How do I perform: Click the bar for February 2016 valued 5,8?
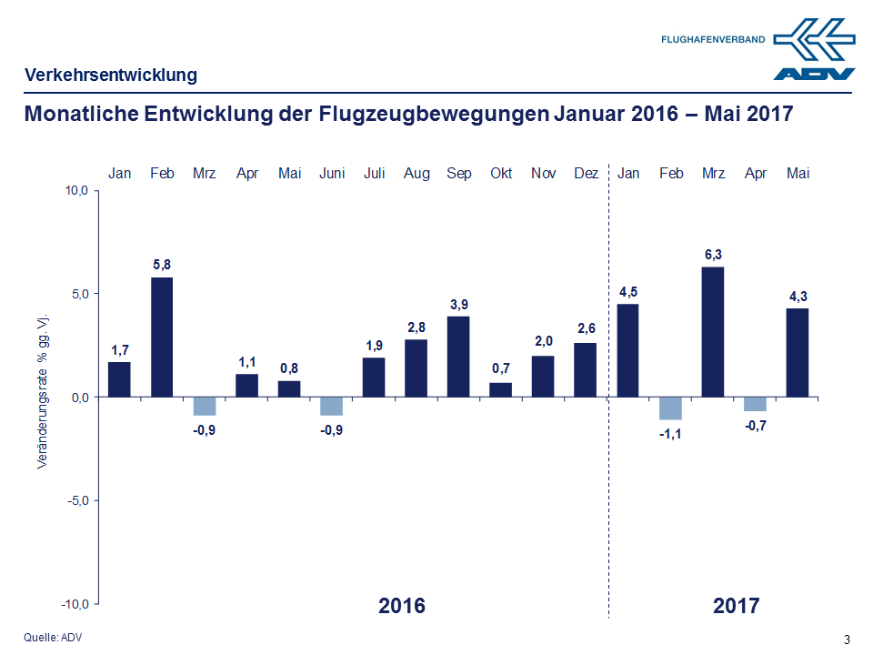click(162, 337)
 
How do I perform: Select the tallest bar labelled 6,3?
click(714, 331)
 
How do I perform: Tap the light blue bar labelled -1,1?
click(670, 408)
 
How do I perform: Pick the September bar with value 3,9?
click(458, 356)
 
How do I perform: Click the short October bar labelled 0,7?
click(501, 389)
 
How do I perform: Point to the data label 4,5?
click(627, 291)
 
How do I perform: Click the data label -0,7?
click(756, 423)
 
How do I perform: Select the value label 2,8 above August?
click(416, 327)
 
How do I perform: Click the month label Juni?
click(331, 173)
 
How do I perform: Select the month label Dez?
click(587, 173)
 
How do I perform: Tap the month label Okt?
click(501, 173)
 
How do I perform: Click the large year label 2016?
click(401, 606)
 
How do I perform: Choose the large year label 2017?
click(736, 606)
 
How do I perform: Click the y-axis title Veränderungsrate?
click(42, 391)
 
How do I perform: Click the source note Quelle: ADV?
click(53, 638)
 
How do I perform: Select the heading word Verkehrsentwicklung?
click(110, 75)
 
